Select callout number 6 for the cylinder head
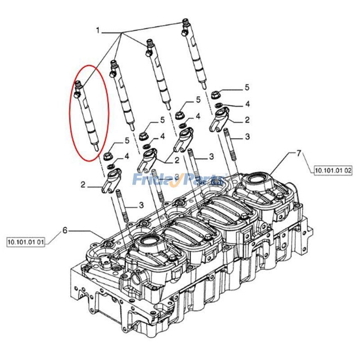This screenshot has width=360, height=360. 65,230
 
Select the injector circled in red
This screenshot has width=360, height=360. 88,116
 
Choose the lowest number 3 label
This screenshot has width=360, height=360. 141,205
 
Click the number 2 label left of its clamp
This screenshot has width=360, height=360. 83,184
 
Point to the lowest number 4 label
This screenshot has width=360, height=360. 127,156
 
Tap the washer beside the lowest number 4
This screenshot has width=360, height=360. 110,166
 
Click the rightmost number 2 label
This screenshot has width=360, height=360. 247,120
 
